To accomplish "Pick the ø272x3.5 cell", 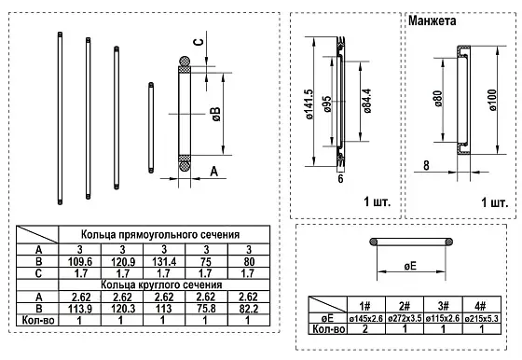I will click(x=404, y=317).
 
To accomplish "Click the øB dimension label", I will click(x=214, y=114).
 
